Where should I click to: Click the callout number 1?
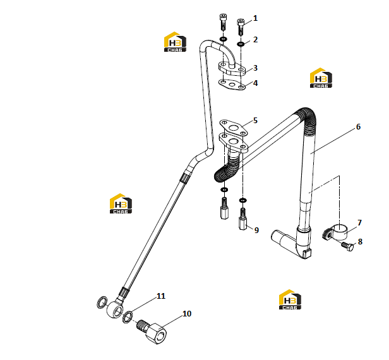click(255, 18)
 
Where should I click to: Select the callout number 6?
click(358, 127)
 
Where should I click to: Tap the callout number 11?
click(161, 296)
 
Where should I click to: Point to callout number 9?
click(256, 231)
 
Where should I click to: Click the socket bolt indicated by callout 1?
click(241, 27)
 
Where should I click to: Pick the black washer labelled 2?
click(241, 44)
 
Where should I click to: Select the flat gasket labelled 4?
click(232, 85)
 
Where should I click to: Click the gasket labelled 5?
click(233, 128)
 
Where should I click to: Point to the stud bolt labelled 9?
click(243, 219)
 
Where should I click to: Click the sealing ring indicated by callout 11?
click(128, 317)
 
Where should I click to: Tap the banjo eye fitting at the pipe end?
click(115, 309)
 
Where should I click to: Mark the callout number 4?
click(255, 83)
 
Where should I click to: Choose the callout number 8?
click(360, 242)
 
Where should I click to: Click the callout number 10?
click(187, 314)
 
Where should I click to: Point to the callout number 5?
click(255, 121)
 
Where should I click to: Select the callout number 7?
click(359, 223)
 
